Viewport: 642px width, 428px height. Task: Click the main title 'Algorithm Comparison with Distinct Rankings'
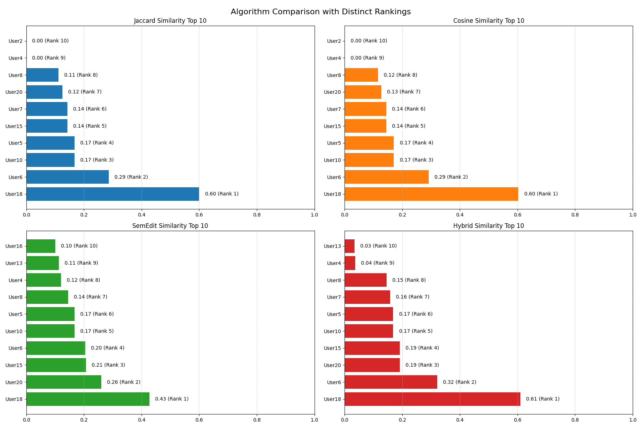click(x=321, y=12)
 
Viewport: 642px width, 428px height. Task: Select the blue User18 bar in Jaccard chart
click(x=113, y=194)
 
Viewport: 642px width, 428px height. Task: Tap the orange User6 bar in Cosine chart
click(x=387, y=177)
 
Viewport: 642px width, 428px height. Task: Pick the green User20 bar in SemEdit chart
click(x=64, y=382)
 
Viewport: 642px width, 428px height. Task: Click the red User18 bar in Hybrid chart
click(x=432, y=399)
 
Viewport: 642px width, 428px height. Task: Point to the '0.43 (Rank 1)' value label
click(x=172, y=399)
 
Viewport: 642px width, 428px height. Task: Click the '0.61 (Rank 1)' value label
click(x=542, y=399)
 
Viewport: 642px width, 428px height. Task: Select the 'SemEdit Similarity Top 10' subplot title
click(x=170, y=226)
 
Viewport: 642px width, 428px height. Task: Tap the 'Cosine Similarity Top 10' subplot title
click(x=489, y=21)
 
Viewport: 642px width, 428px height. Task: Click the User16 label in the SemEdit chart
click(x=14, y=246)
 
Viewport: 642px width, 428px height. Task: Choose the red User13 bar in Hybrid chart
click(x=350, y=246)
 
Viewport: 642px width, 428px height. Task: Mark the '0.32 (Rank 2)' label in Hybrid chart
click(x=459, y=382)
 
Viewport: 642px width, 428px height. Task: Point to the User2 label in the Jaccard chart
click(x=15, y=41)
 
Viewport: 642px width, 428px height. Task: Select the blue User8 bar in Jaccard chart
click(x=42, y=75)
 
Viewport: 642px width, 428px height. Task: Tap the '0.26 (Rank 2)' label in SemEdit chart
click(x=123, y=382)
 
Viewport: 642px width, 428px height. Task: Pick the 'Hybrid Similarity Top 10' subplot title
click(x=489, y=226)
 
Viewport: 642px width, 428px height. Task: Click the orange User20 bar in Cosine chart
click(x=363, y=92)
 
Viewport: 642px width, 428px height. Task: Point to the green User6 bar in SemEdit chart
click(x=56, y=348)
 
